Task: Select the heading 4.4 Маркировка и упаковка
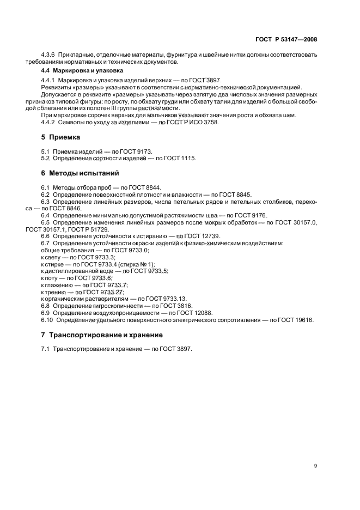[82, 71]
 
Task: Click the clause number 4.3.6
[48, 56]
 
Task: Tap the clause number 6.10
[47, 320]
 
